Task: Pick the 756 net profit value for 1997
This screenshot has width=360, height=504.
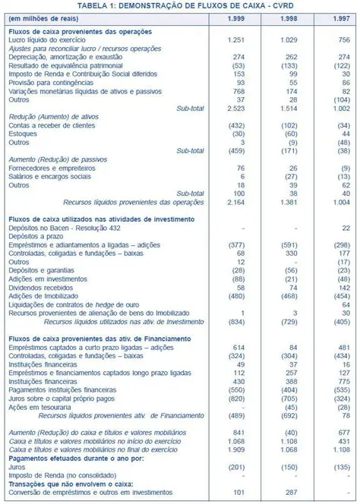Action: (x=343, y=39)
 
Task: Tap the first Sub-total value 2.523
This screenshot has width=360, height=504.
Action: (x=234, y=108)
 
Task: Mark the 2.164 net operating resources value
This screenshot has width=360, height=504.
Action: (x=234, y=202)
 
